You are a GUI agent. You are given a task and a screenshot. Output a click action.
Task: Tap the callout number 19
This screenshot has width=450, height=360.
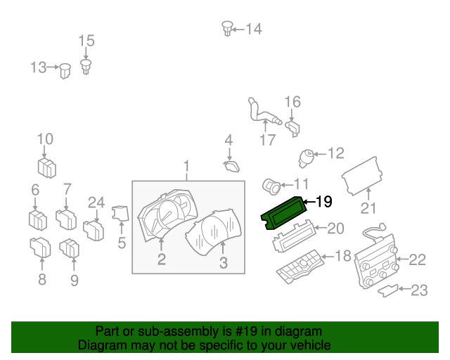[323, 202]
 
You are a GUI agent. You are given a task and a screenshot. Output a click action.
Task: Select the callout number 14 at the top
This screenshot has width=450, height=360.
[253, 29]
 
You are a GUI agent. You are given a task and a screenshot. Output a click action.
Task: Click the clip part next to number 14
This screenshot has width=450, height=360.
[227, 28]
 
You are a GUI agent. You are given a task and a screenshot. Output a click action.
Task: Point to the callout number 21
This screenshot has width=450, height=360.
[369, 208]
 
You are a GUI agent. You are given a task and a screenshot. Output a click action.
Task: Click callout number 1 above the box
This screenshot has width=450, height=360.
[187, 167]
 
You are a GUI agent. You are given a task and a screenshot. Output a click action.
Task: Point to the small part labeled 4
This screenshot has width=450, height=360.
[231, 166]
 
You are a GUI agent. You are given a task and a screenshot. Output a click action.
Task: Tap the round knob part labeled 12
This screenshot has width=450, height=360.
[307, 155]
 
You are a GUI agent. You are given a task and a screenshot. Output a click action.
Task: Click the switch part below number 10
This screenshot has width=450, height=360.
[47, 168]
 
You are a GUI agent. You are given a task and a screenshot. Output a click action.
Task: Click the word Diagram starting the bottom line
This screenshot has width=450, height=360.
[101, 346]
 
